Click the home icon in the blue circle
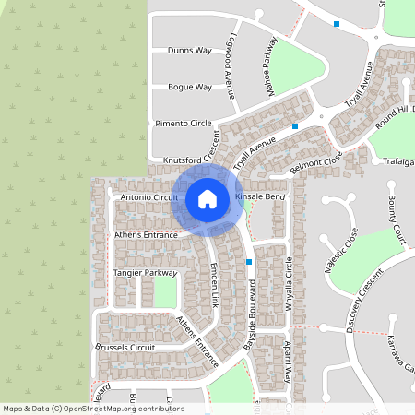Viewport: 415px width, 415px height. pos(207,198)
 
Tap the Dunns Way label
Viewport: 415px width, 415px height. pos(190,51)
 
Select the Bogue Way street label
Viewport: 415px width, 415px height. pos(190,88)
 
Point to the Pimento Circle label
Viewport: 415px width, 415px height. pos(183,123)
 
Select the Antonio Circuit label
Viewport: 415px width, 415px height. pos(148,196)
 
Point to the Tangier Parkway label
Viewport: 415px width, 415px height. pos(144,273)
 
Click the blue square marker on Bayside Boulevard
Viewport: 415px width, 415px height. pos(249,262)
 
